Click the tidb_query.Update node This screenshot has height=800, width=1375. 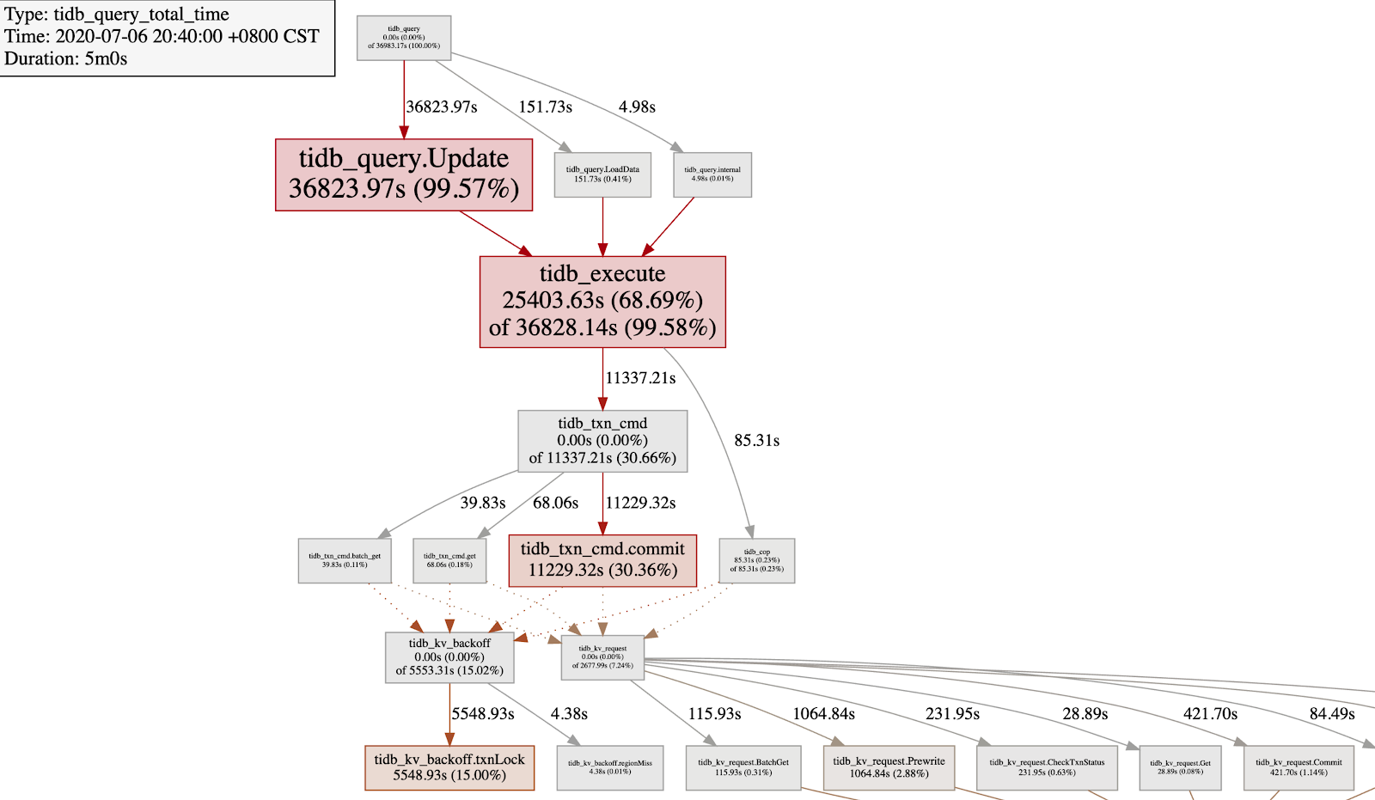(x=404, y=174)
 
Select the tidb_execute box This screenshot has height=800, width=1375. (x=602, y=302)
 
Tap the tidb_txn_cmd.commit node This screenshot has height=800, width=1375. (x=602, y=560)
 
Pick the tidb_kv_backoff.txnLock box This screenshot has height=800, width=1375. (x=449, y=767)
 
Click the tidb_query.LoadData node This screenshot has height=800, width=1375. (x=602, y=174)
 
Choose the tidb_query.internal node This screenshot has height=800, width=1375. (x=712, y=174)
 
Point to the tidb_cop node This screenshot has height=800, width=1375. (x=757, y=560)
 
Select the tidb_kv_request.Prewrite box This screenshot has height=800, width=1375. (x=889, y=767)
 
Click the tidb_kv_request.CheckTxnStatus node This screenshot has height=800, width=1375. (x=1047, y=767)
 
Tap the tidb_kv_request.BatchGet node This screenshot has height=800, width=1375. (x=743, y=767)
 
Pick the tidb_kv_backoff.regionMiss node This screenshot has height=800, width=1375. (x=610, y=767)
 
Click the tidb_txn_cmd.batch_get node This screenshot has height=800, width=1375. (x=345, y=560)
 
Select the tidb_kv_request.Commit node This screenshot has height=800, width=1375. (x=1299, y=767)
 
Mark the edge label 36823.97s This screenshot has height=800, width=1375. (x=442, y=107)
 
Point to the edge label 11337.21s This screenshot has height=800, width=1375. (x=640, y=378)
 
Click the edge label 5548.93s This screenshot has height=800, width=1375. (x=483, y=714)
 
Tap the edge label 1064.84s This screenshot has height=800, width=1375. (x=823, y=714)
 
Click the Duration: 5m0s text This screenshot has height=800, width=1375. (x=66, y=58)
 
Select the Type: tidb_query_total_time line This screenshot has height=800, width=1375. (x=117, y=15)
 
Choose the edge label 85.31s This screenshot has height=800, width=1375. (x=756, y=441)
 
